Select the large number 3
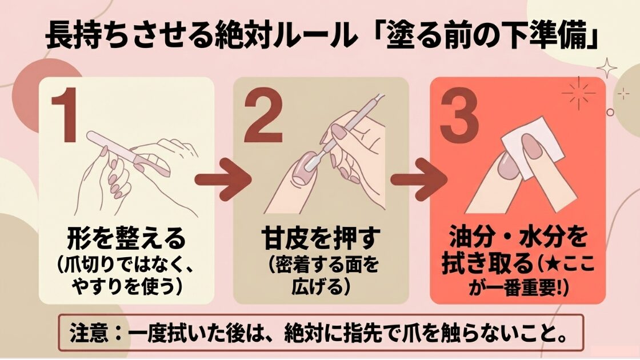tap(459, 115)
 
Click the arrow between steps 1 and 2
tap(223, 179)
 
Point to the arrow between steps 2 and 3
tap(419, 179)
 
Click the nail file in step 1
tap(129, 154)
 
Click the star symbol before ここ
tap(551, 265)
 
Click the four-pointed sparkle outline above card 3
tap(607, 68)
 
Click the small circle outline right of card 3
tap(610, 111)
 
